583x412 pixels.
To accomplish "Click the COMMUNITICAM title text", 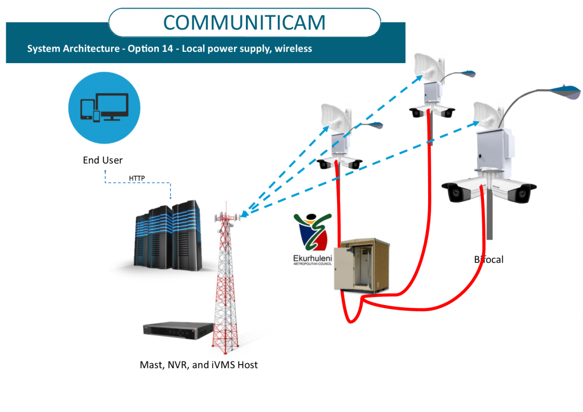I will [245, 22].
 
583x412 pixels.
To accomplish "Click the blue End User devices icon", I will [102, 108].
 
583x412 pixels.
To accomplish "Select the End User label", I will [103, 160].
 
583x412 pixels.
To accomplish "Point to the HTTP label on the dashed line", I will [137, 178].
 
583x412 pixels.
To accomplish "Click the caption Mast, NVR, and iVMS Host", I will [199, 365].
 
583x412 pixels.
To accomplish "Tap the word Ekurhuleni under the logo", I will [311, 258].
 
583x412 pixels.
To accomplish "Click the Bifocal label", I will [489, 259].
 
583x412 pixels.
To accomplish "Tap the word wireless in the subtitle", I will [293, 49].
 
